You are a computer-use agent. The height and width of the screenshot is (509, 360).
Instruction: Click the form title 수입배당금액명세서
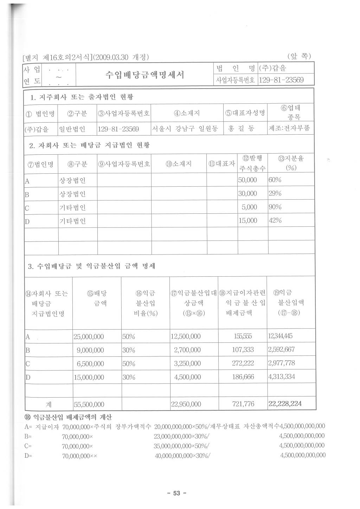pyautogui.click(x=144, y=75)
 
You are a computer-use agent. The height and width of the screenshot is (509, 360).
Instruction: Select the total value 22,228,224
pyautogui.click(x=285, y=404)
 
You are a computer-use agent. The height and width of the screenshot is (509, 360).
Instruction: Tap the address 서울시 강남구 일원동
pyautogui.click(x=185, y=129)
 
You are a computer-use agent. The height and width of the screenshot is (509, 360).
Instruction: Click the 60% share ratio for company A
pyautogui.click(x=275, y=180)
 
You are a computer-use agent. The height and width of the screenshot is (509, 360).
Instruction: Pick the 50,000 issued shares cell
pyautogui.click(x=247, y=180)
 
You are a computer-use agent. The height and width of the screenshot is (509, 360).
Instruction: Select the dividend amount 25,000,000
pyautogui.click(x=89, y=336)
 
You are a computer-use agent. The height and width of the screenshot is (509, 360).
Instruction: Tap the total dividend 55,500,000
pyautogui.click(x=89, y=404)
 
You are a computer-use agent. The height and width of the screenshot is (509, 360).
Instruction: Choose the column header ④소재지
pyautogui.click(x=187, y=113)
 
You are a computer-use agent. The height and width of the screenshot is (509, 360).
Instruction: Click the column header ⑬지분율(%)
pyautogui.click(x=291, y=163)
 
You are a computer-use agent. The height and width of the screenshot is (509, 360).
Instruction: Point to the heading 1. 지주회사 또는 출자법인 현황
pyautogui.click(x=82, y=97)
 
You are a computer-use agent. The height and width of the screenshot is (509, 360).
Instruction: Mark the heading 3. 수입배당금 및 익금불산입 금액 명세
pyautogui.click(x=91, y=266)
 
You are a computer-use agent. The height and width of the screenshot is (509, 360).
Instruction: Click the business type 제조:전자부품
pyautogui.click(x=289, y=129)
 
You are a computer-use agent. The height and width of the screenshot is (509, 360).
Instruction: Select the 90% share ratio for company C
pyautogui.click(x=275, y=207)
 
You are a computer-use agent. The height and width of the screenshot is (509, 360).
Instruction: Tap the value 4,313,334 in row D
pyautogui.click(x=282, y=377)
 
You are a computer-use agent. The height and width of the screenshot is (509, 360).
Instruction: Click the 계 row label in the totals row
pyautogui.click(x=49, y=404)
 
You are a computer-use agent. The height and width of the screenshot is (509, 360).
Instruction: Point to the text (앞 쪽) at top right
pyautogui.click(x=299, y=56)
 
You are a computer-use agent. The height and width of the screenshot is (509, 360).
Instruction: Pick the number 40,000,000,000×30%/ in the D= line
pyautogui.click(x=183, y=455)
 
